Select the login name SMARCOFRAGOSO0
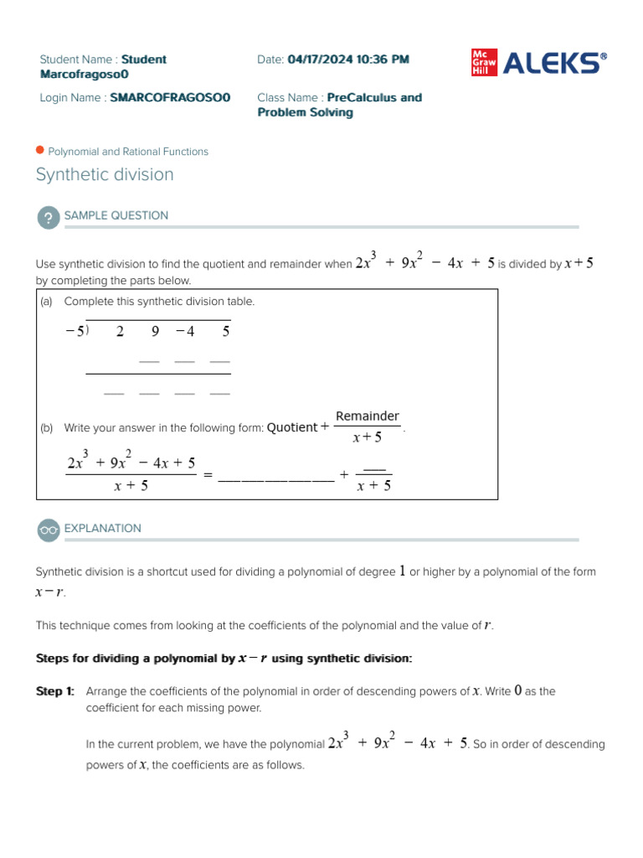click(x=171, y=98)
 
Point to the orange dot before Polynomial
click(x=39, y=151)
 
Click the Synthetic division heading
click(x=105, y=174)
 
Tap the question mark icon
click(x=48, y=218)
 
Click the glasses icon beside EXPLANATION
click(x=48, y=530)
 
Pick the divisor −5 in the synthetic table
click(x=75, y=331)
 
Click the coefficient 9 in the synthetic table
click(x=155, y=331)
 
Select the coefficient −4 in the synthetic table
click(x=185, y=331)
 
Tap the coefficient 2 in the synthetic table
click(x=120, y=331)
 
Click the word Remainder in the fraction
click(x=368, y=416)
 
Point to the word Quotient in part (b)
click(x=292, y=427)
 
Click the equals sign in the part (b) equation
click(x=208, y=476)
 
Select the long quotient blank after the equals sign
click(x=275, y=480)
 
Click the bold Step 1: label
click(x=55, y=691)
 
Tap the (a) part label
click(x=46, y=302)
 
